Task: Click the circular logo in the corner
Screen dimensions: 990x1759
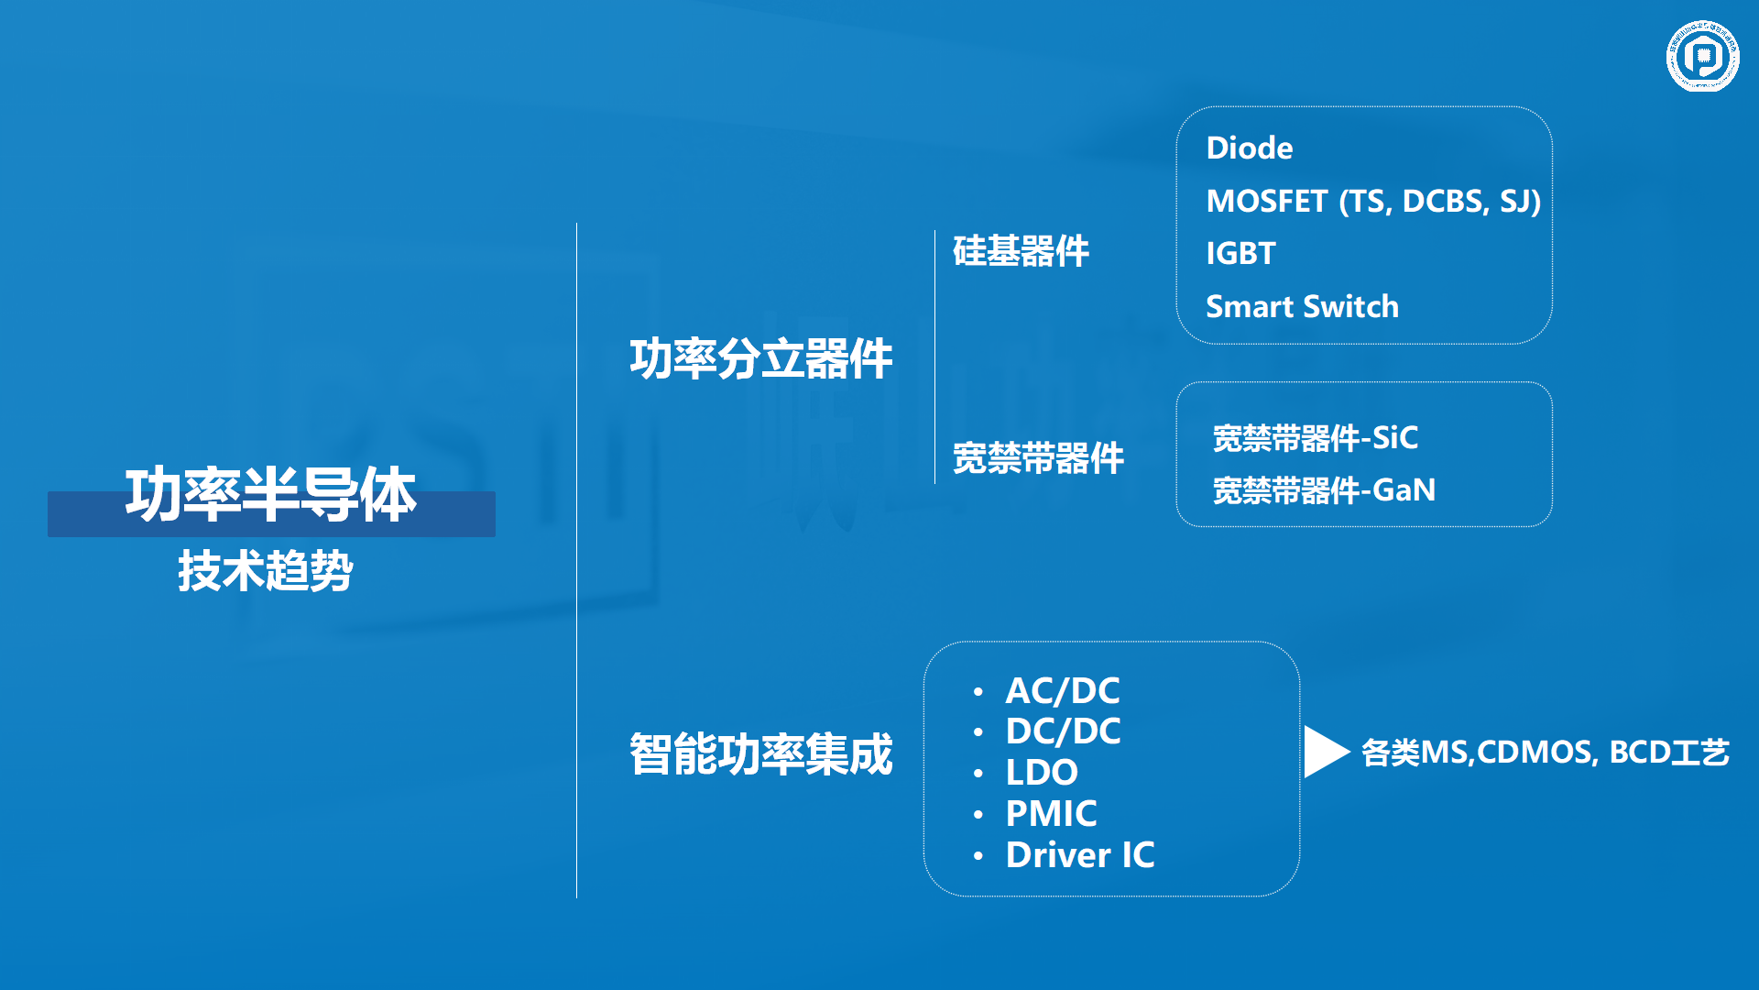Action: (1702, 57)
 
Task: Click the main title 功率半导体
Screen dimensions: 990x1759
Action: (271, 495)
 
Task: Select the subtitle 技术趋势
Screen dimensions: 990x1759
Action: (266, 571)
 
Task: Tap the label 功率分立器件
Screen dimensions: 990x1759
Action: (760, 358)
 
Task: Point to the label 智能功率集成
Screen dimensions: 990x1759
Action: (760, 754)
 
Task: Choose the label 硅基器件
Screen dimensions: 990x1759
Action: (1021, 251)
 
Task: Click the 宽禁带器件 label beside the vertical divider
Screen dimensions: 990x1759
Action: (1038, 458)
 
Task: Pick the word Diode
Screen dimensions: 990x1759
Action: (1250, 148)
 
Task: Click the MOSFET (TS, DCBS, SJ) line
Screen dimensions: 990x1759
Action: (1373, 202)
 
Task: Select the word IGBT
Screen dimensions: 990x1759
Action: (1241, 254)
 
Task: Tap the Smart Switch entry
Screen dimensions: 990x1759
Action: (1302, 307)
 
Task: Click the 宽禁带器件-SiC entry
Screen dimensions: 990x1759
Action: (1315, 438)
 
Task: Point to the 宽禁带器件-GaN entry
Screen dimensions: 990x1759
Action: (1324, 490)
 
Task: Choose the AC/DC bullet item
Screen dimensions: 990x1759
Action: (1063, 691)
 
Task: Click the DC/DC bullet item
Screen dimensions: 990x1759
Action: (1063, 731)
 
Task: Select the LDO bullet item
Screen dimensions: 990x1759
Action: (1042, 773)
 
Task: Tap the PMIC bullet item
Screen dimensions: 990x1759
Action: (1051, 814)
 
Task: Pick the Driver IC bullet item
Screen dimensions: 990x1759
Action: (1080, 855)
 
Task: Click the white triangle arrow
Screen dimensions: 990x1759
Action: (1323, 752)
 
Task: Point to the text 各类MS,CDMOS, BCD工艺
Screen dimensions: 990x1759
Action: (1545, 753)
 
